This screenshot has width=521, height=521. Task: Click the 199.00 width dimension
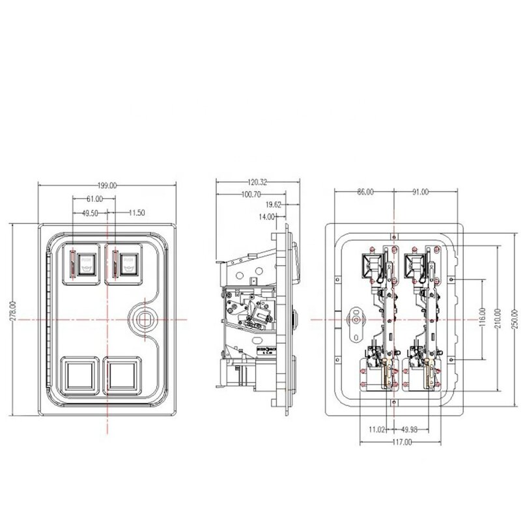coord(107,186)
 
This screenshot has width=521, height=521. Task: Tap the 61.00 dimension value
coord(94,198)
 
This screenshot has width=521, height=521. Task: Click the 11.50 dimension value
coord(137,213)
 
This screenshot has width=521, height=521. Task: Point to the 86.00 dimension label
coord(366,192)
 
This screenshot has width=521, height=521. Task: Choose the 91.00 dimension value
coord(420,192)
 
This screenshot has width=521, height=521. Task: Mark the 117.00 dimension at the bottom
coord(402,443)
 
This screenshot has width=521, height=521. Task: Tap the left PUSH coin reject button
coord(86,264)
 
